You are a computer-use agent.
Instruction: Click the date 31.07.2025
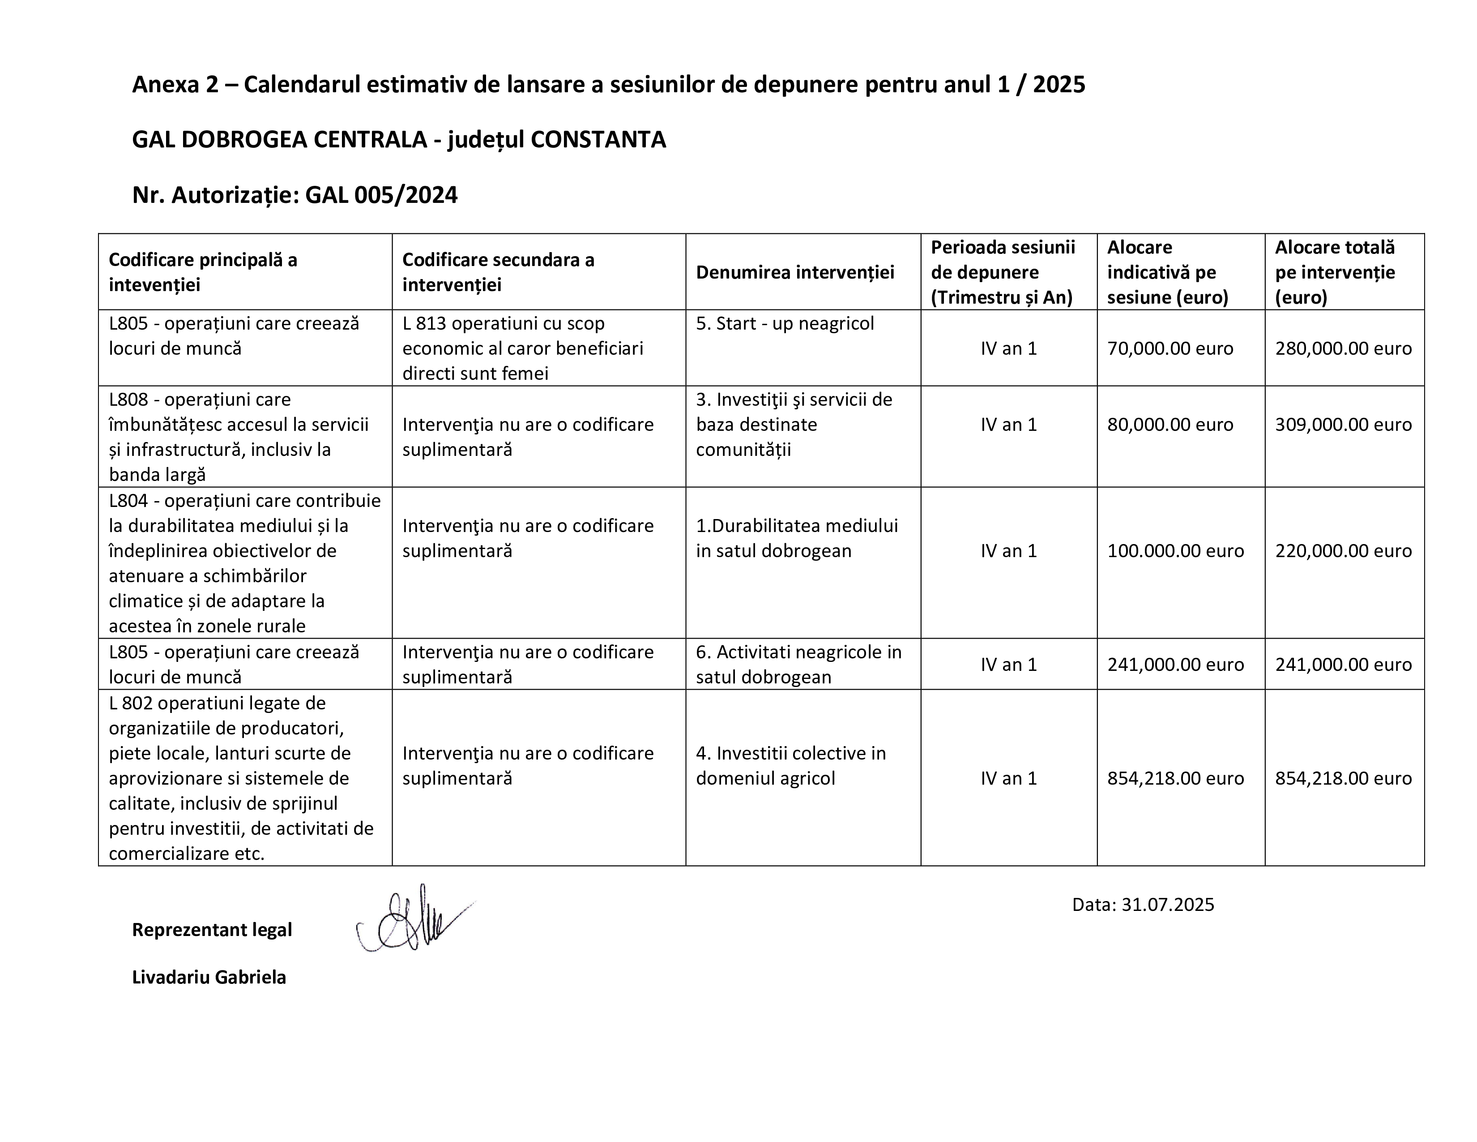point(1167,905)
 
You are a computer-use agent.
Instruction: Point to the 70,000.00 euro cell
point(1170,348)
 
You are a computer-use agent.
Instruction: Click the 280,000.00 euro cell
point(1343,348)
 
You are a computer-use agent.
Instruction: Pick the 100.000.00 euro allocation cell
point(1175,551)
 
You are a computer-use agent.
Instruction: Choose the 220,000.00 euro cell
point(1343,551)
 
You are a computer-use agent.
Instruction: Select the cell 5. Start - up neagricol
point(785,323)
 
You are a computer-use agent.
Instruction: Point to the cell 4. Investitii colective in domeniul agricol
point(790,765)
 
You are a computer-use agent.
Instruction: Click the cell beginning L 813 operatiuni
point(522,348)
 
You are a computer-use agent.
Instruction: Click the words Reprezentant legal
point(212,930)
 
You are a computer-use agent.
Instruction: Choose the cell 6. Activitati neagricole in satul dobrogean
point(798,664)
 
